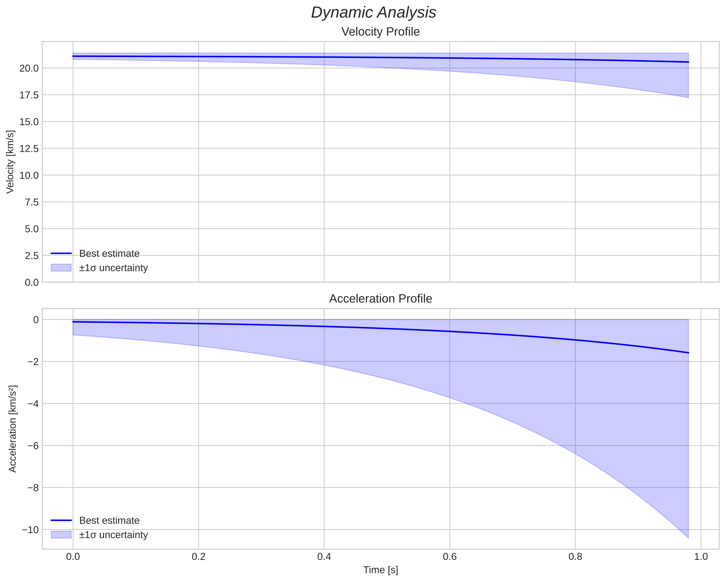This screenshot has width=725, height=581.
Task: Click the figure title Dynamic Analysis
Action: tap(374, 13)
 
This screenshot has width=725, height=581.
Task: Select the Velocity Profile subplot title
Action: tap(380, 32)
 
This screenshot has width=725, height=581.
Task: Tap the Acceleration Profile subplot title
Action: tap(380, 299)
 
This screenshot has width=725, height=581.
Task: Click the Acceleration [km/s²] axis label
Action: tap(12, 429)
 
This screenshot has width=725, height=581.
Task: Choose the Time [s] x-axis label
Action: tap(380, 570)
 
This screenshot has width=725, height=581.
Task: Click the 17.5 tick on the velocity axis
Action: tap(29, 95)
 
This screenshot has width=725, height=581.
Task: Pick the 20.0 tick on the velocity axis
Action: tap(29, 68)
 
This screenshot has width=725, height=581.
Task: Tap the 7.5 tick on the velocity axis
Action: tap(32, 202)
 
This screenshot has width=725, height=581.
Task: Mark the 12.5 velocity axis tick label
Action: tap(29, 149)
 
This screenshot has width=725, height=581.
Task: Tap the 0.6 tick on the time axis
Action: tap(450, 557)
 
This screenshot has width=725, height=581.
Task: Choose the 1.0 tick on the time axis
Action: tap(701, 557)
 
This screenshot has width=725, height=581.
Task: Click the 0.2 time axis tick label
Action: tap(199, 557)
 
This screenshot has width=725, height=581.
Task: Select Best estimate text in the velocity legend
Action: tap(109, 254)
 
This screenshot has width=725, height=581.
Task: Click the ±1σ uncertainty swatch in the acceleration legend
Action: tap(61, 535)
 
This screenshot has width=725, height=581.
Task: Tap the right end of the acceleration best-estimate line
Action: tap(688, 353)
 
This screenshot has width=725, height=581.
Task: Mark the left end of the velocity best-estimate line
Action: tap(73, 56)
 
